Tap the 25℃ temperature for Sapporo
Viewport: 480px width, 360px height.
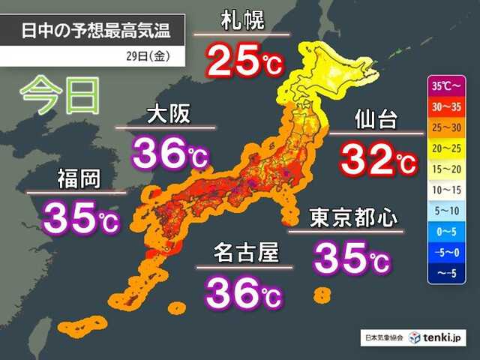(244, 61)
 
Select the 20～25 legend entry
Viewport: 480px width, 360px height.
(449, 149)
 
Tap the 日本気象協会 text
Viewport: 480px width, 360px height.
(384, 337)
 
